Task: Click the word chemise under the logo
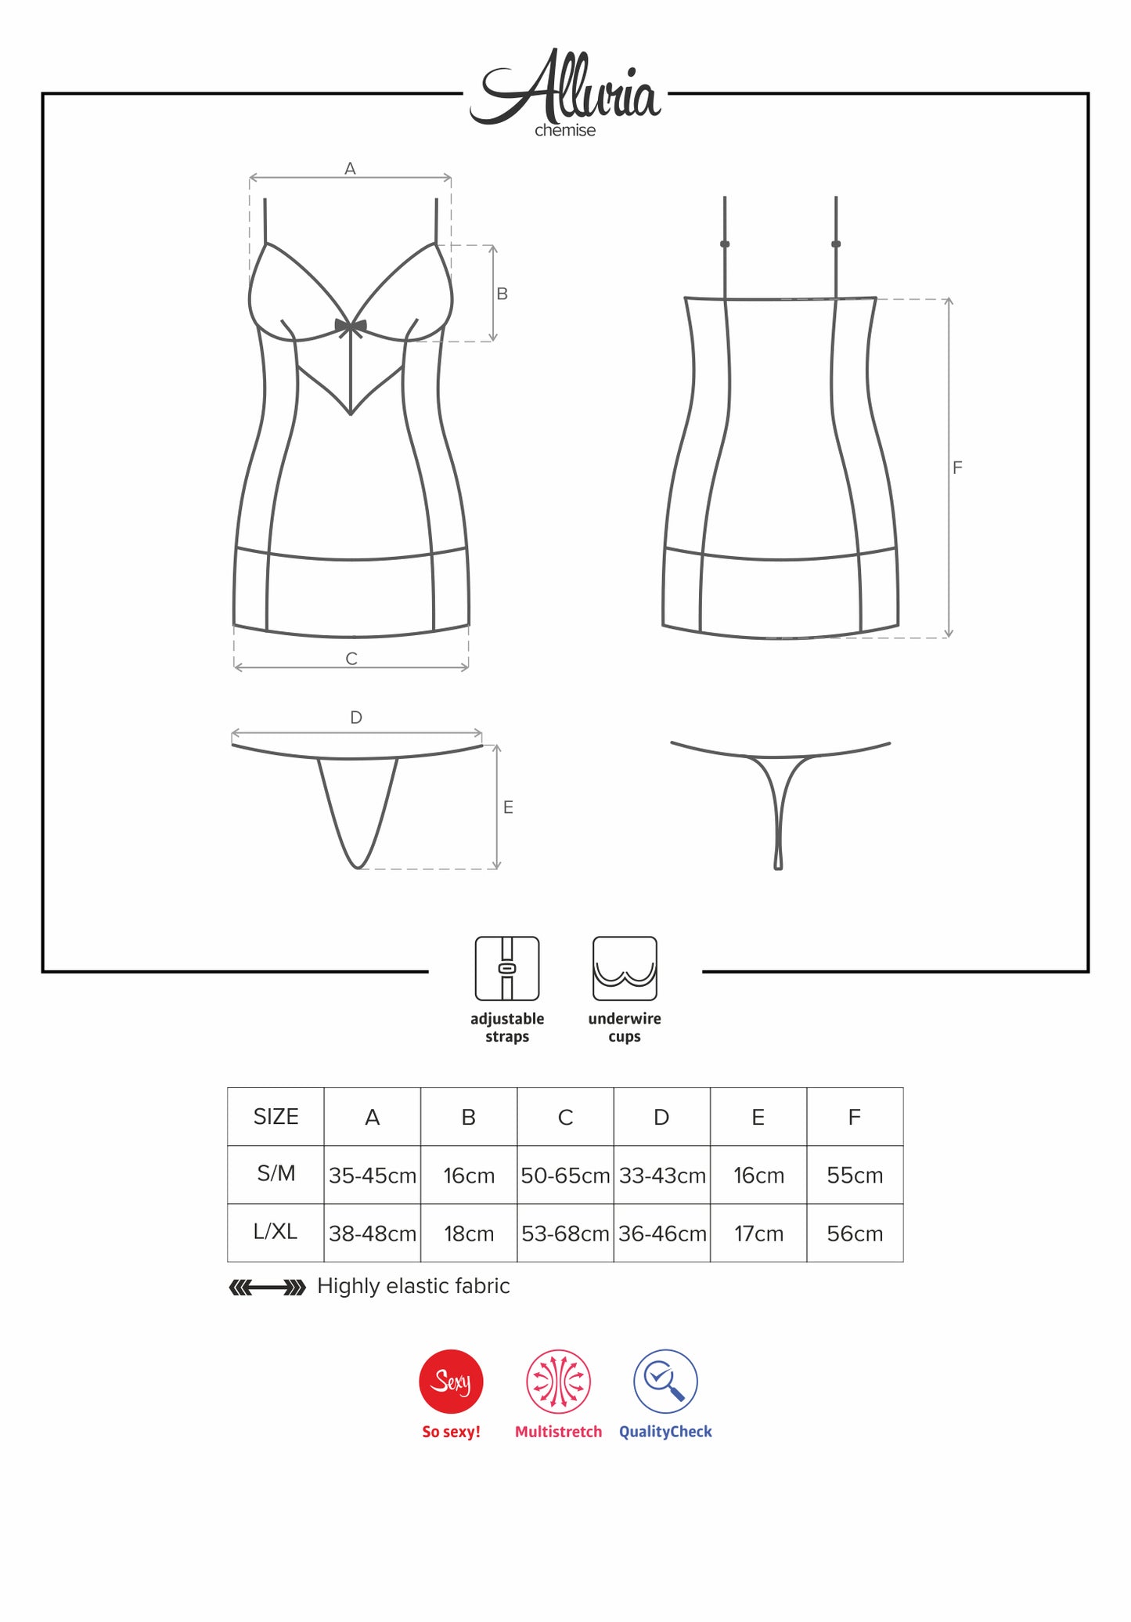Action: tap(565, 131)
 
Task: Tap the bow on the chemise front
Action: tap(351, 327)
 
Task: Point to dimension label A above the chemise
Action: tap(351, 168)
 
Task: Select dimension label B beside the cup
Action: tap(502, 294)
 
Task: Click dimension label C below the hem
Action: tap(351, 659)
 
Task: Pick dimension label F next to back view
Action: tap(957, 468)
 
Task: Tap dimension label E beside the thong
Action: tap(508, 807)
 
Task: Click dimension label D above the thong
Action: tap(356, 717)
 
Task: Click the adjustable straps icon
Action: tap(507, 969)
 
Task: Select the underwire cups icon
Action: tap(625, 969)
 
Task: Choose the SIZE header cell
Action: tap(276, 1117)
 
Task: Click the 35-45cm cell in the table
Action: tap(373, 1175)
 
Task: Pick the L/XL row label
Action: tap(276, 1232)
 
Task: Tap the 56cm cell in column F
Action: tap(855, 1234)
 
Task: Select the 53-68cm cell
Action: tap(565, 1234)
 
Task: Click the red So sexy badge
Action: tap(452, 1382)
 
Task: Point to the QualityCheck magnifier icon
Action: tap(665, 1382)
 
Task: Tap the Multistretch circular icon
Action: tap(558, 1382)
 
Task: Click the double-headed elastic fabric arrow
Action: tap(267, 1288)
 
